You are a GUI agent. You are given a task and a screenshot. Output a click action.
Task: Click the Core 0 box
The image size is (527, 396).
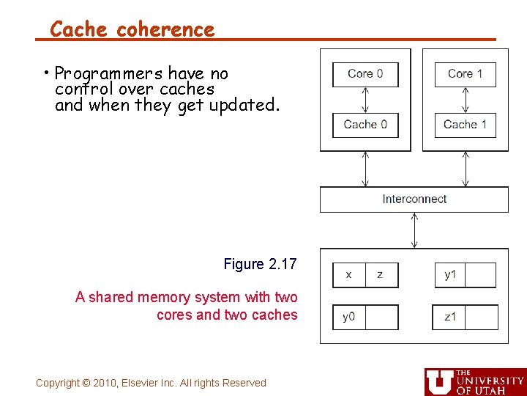pyautogui.click(x=365, y=74)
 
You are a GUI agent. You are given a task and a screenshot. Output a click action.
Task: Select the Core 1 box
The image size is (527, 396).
pyautogui.click(x=465, y=74)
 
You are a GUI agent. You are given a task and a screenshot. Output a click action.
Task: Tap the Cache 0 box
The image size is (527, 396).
pyautogui.click(x=365, y=125)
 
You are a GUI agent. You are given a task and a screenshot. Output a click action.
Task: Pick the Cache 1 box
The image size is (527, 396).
pyautogui.click(x=465, y=125)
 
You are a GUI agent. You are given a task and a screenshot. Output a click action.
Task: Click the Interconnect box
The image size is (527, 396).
pyautogui.click(x=414, y=199)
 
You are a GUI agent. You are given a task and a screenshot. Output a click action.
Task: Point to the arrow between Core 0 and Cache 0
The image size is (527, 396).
pyautogui.click(x=365, y=100)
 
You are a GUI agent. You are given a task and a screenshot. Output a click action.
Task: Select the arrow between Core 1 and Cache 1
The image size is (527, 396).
pyautogui.click(x=465, y=100)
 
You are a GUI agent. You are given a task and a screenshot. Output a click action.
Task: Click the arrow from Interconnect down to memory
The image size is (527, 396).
pyautogui.click(x=414, y=230)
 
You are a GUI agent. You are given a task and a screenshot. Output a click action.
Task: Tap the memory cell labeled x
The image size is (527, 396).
pyautogui.click(x=348, y=275)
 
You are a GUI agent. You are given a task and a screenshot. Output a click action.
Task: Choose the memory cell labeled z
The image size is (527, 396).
pyautogui.click(x=381, y=275)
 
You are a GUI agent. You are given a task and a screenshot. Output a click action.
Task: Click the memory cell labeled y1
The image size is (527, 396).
pyautogui.click(x=450, y=275)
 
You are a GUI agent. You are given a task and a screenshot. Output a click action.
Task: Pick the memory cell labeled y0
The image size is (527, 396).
pyautogui.click(x=348, y=318)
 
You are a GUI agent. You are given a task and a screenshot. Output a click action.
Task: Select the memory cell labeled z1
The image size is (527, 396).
pyautogui.click(x=449, y=318)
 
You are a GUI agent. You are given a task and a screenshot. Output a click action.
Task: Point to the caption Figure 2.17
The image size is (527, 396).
pyautogui.click(x=260, y=264)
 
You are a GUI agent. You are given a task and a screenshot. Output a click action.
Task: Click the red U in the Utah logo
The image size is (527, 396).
pyautogui.click(x=439, y=381)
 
